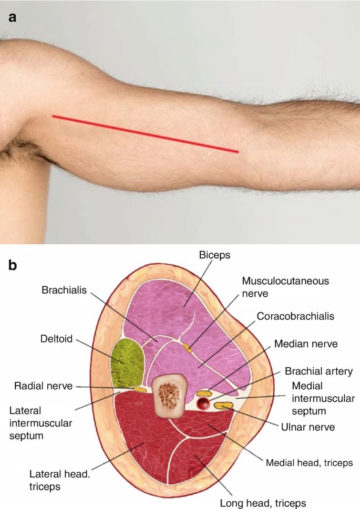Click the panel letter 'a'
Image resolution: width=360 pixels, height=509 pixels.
tap(12, 17)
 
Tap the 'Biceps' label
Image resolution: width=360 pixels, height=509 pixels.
tap(214, 255)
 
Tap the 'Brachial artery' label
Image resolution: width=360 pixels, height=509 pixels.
tap(320, 371)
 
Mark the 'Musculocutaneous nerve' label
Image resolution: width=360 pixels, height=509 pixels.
tap(285, 287)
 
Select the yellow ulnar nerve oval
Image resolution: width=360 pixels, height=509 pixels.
tap(224, 405)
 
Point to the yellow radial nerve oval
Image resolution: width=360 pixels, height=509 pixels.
tap(139, 390)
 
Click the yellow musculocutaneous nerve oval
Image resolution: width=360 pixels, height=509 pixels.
tap(187, 347)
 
